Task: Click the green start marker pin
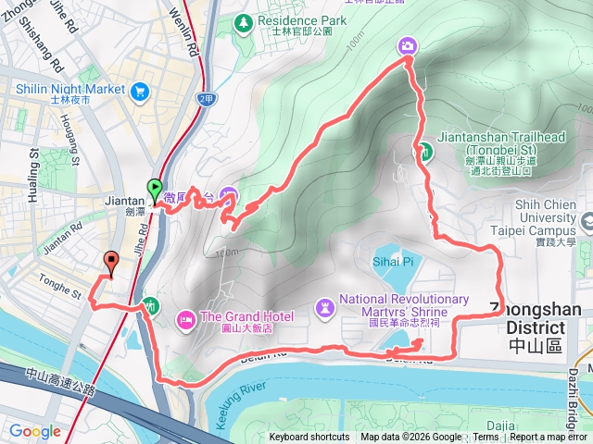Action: (154, 189)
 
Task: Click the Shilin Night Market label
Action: (70, 90)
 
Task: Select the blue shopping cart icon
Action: (140, 90)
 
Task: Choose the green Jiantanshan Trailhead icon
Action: (421, 153)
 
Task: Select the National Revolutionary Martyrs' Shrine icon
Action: (325, 306)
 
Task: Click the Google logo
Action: (34, 431)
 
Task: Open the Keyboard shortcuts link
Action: (309, 438)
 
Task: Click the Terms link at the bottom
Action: (486, 438)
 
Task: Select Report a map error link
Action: (549, 438)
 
